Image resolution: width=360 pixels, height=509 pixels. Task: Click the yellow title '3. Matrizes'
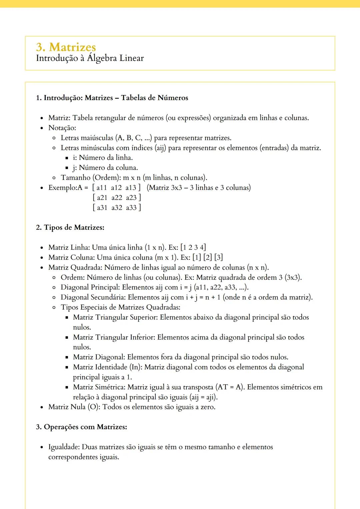pyautogui.click(x=66, y=47)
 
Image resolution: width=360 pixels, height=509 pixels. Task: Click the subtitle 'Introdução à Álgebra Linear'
pyautogui.click(x=90, y=58)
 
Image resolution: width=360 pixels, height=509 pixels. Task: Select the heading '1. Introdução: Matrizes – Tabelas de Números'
pyautogui.click(x=112, y=98)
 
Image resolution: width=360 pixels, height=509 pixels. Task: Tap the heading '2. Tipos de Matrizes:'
pyautogui.click(x=70, y=228)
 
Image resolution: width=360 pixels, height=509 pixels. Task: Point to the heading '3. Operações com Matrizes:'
pyautogui.click(x=81, y=427)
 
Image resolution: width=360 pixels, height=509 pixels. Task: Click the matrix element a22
pyautogui.click(x=117, y=198)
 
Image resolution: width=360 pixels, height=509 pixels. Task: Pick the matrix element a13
pyautogui.click(x=131, y=188)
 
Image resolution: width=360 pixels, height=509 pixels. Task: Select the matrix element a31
pyautogui.click(x=102, y=208)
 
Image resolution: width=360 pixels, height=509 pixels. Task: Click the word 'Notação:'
pyautogui.click(x=62, y=128)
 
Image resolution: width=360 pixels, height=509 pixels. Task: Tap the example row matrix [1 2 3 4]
pyautogui.click(x=193, y=248)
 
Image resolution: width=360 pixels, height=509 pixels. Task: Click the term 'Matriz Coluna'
pyautogui.click(x=71, y=257)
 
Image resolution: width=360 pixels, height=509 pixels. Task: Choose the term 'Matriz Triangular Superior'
pyautogui.click(x=115, y=317)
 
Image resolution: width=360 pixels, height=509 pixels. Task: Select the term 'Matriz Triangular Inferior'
pyautogui.click(x=114, y=337)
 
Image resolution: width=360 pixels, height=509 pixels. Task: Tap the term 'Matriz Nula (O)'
pyautogui.click(x=74, y=407)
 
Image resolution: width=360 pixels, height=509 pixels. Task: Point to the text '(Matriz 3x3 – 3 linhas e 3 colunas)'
pyautogui.click(x=199, y=188)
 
